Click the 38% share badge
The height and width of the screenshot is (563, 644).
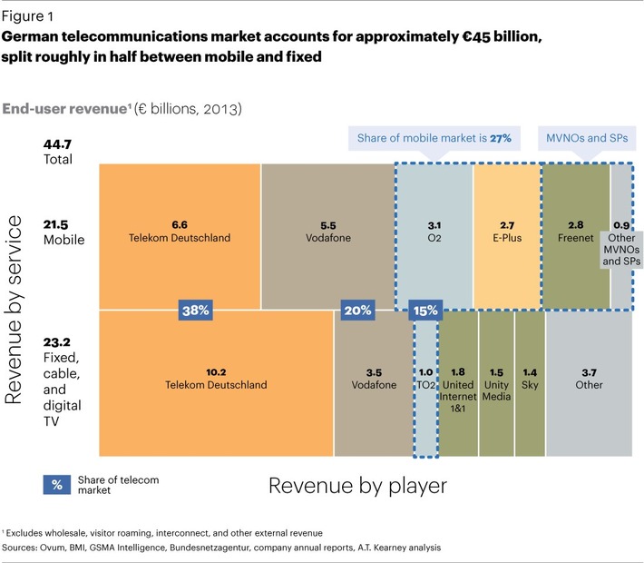(197, 310)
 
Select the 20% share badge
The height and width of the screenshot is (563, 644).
(357, 310)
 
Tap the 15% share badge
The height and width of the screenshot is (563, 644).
(425, 310)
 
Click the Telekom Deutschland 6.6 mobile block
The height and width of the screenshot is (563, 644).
(180, 232)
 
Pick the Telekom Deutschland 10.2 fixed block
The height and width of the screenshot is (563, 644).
(216, 381)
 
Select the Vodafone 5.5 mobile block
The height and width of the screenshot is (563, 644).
(327, 232)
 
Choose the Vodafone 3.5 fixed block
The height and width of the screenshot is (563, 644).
(374, 381)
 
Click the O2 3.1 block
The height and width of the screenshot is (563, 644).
(434, 232)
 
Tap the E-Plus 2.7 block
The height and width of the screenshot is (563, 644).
(506, 232)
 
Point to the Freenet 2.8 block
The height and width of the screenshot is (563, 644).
(576, 232)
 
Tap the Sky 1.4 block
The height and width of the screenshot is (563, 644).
(530, 381)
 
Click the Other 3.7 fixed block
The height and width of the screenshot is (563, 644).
(588, 381)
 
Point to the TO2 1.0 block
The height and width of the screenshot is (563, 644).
(425, 381)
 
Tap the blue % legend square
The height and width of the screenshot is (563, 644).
(56, 484)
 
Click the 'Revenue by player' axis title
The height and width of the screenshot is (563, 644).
(357, 486)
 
